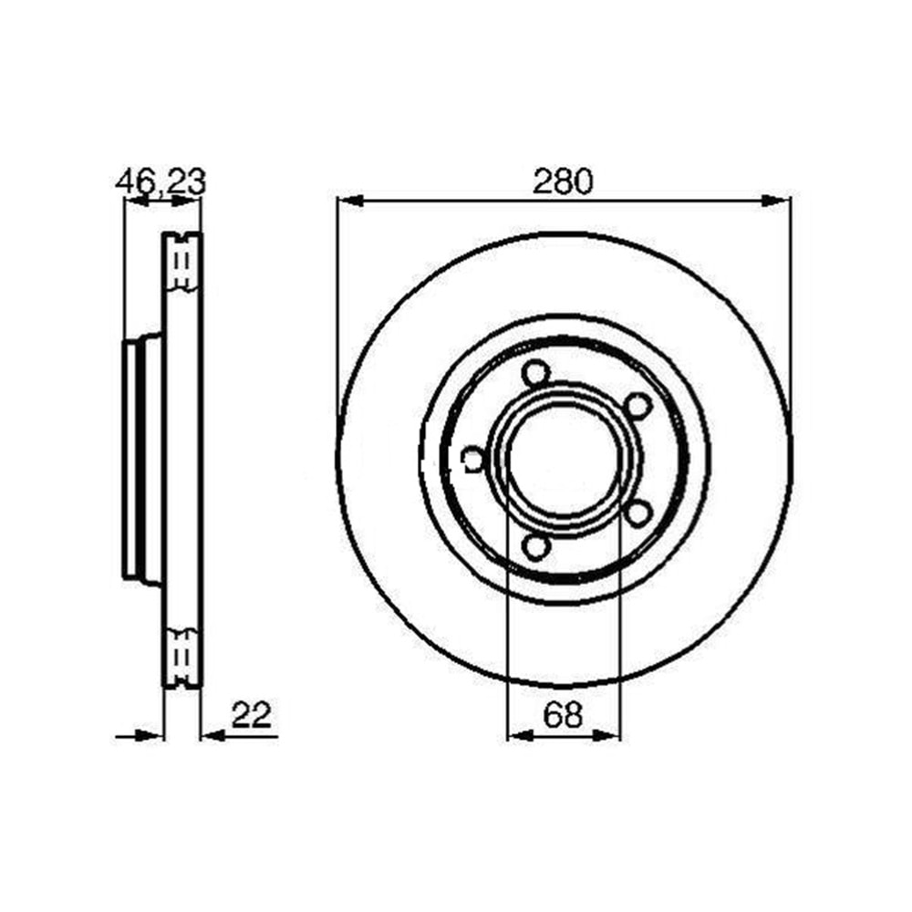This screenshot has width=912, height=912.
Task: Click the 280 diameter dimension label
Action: [x=563, y=181]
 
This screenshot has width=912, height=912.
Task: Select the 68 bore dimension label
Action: [x=563, y=714]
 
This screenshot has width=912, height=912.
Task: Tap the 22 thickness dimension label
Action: [x=252, y=714]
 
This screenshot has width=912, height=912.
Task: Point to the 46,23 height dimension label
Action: [x=161, y=181]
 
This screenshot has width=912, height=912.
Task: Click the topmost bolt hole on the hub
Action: [x=535, y=373]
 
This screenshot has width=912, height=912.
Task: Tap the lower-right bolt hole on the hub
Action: [x=637, y=513]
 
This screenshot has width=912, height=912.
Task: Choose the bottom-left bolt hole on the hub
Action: [x=535, y=546]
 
